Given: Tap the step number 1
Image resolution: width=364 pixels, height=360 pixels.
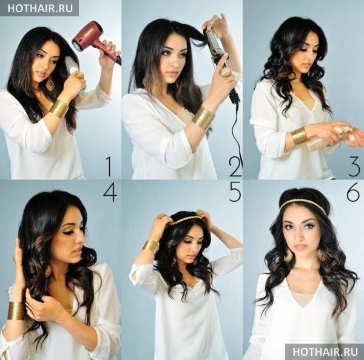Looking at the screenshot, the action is pos(109,166).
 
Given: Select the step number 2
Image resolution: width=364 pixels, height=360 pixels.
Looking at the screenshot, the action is pos(235,166).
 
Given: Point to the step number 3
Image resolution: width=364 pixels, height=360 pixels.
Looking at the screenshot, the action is pos(354,166).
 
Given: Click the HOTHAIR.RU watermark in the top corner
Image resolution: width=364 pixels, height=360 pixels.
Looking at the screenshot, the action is pos(40,8).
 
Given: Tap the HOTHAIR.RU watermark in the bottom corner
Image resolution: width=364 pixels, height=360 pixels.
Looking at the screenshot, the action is pos(325,352).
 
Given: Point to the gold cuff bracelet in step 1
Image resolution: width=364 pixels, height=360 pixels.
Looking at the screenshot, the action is pos(58,109).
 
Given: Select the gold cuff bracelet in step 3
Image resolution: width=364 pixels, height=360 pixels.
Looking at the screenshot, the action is pos(300,136).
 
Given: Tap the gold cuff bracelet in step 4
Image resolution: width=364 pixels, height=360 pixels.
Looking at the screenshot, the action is pos(16,310).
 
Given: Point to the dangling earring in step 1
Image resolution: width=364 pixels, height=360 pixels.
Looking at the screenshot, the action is pos(50,84).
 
